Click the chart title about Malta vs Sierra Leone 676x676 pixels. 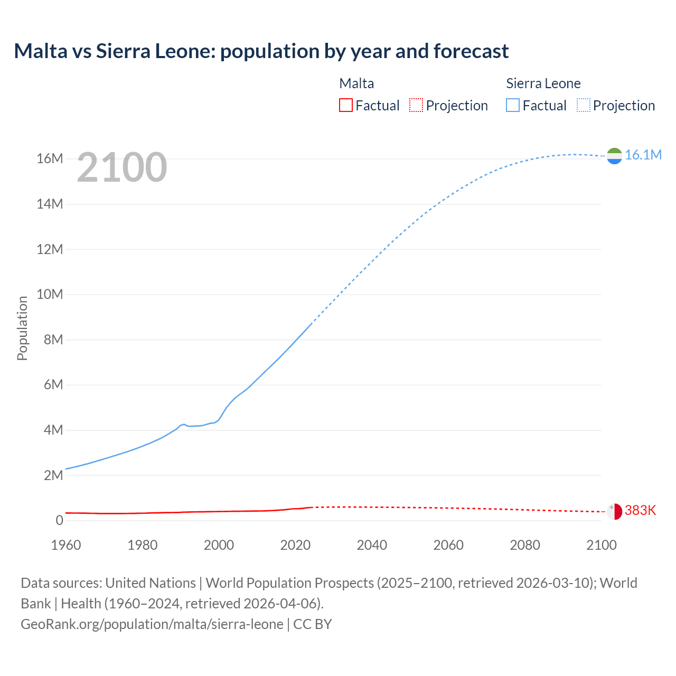coord(261,51)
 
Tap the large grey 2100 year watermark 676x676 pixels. coord(122,167)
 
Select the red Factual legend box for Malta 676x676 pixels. coord(345,106)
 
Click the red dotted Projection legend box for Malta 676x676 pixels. coord(416,106)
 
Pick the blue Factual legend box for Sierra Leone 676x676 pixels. coord(513,106)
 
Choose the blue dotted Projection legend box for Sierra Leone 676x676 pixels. coord(584,106)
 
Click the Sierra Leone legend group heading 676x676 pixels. coord(543,83)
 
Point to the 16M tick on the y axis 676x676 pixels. coord(50,158)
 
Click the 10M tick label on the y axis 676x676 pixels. coord(50,294)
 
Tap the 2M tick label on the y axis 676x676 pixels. coord(53,475)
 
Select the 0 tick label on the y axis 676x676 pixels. coord(59,520)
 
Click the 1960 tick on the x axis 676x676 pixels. coord(66,545)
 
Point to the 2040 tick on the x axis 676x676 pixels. coord(372,545)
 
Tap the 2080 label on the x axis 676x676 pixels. coord(525,545)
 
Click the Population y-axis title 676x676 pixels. coord(22,328)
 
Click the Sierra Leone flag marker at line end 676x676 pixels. coord(614,156)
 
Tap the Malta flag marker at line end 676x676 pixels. coord(614,511)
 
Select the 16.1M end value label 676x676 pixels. coord(643,155)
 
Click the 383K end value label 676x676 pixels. coord(640,510)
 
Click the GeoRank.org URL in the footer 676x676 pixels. coord(152,624)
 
